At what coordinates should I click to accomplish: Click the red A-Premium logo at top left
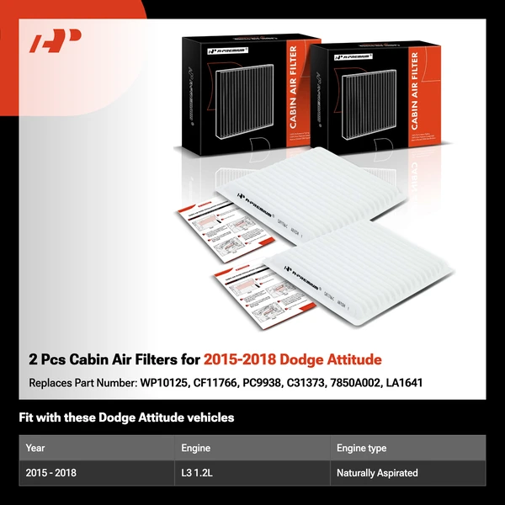pos(55,41)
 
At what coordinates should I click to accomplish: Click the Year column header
pos(36,449)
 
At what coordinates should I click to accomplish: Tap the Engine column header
pos(196,449)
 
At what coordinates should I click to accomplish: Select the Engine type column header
pos(362,449)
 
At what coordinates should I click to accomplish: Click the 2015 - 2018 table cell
pos(51,473)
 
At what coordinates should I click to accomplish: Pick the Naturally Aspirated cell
pos(377,473)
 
